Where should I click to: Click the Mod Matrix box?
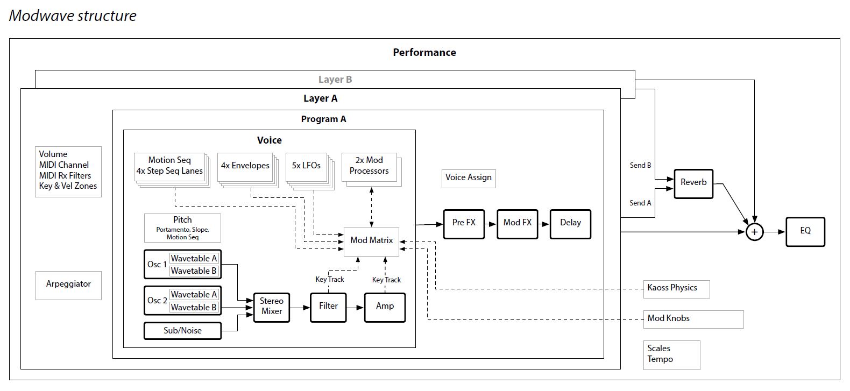coord(371,241)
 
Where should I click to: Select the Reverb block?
coord(693,183)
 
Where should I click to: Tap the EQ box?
coord(805,231)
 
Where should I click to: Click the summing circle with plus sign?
coord(754,232)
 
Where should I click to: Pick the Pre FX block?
coord(463,223)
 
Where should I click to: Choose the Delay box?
coord(570,223)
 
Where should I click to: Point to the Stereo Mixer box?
coord(271,307)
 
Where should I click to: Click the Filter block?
coord(328,307)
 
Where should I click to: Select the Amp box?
coord(384,307)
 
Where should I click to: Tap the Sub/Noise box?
coord(182,331)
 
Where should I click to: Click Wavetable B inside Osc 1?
coord(194,271)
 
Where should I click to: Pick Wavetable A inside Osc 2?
coord(194,295)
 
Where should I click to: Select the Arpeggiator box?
coord(68,285)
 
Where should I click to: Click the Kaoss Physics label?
coord(672,288)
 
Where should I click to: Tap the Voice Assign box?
coord(468,178)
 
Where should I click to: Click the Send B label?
coord(640,166)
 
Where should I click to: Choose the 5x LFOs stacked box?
coord(306,166)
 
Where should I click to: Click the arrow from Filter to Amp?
coord(355,308)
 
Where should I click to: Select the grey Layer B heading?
coord(335,80)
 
